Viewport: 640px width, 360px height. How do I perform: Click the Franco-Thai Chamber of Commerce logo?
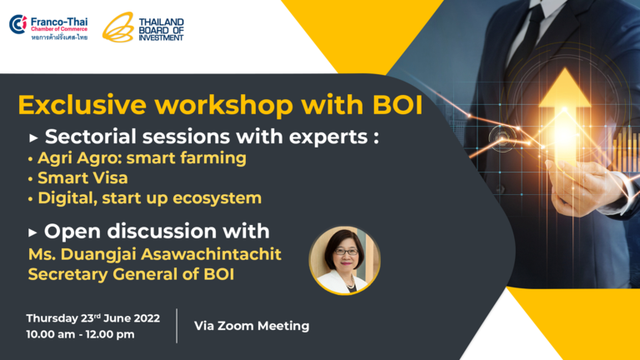pyautogui.click(x=48, y=27)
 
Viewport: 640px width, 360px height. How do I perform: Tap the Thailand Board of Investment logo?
pyautogui.click(x=142, y=27)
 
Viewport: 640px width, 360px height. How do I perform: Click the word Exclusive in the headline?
pyautogui.click(x=82, y=105)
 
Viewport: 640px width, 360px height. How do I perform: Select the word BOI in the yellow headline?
pyautogui.click(x=397, y=105)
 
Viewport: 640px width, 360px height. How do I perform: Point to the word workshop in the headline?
pyautogui.click(x=223, y=105)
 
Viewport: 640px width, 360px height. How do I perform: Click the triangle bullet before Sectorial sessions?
pyautogui.click(x=33, y=138)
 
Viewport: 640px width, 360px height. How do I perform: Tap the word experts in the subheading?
pyautogui.click(x=328, y=137)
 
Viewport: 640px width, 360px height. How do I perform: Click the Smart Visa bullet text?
pyautogui.click(x=82, y=178)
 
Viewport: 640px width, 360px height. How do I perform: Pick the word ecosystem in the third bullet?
pyautogui.click(x=217, y=198)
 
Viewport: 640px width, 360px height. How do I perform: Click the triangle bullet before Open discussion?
pyautogui.click(x=32, y=233)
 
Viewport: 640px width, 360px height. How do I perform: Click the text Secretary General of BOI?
pyautogui.click(x=131, y=274)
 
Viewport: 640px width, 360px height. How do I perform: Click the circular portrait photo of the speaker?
pyautogui.click(x=344, y=260)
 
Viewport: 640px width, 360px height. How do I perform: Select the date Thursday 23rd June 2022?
pyautogui.click(x=93, y=318)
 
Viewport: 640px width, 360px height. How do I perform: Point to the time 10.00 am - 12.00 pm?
pyautogui.click(x=80, y=334)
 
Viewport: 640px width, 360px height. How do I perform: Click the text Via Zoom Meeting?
pyautogui.click(x=252, y=326)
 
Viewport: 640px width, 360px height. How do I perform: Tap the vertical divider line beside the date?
pyautogui.click(x=177, y=326)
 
